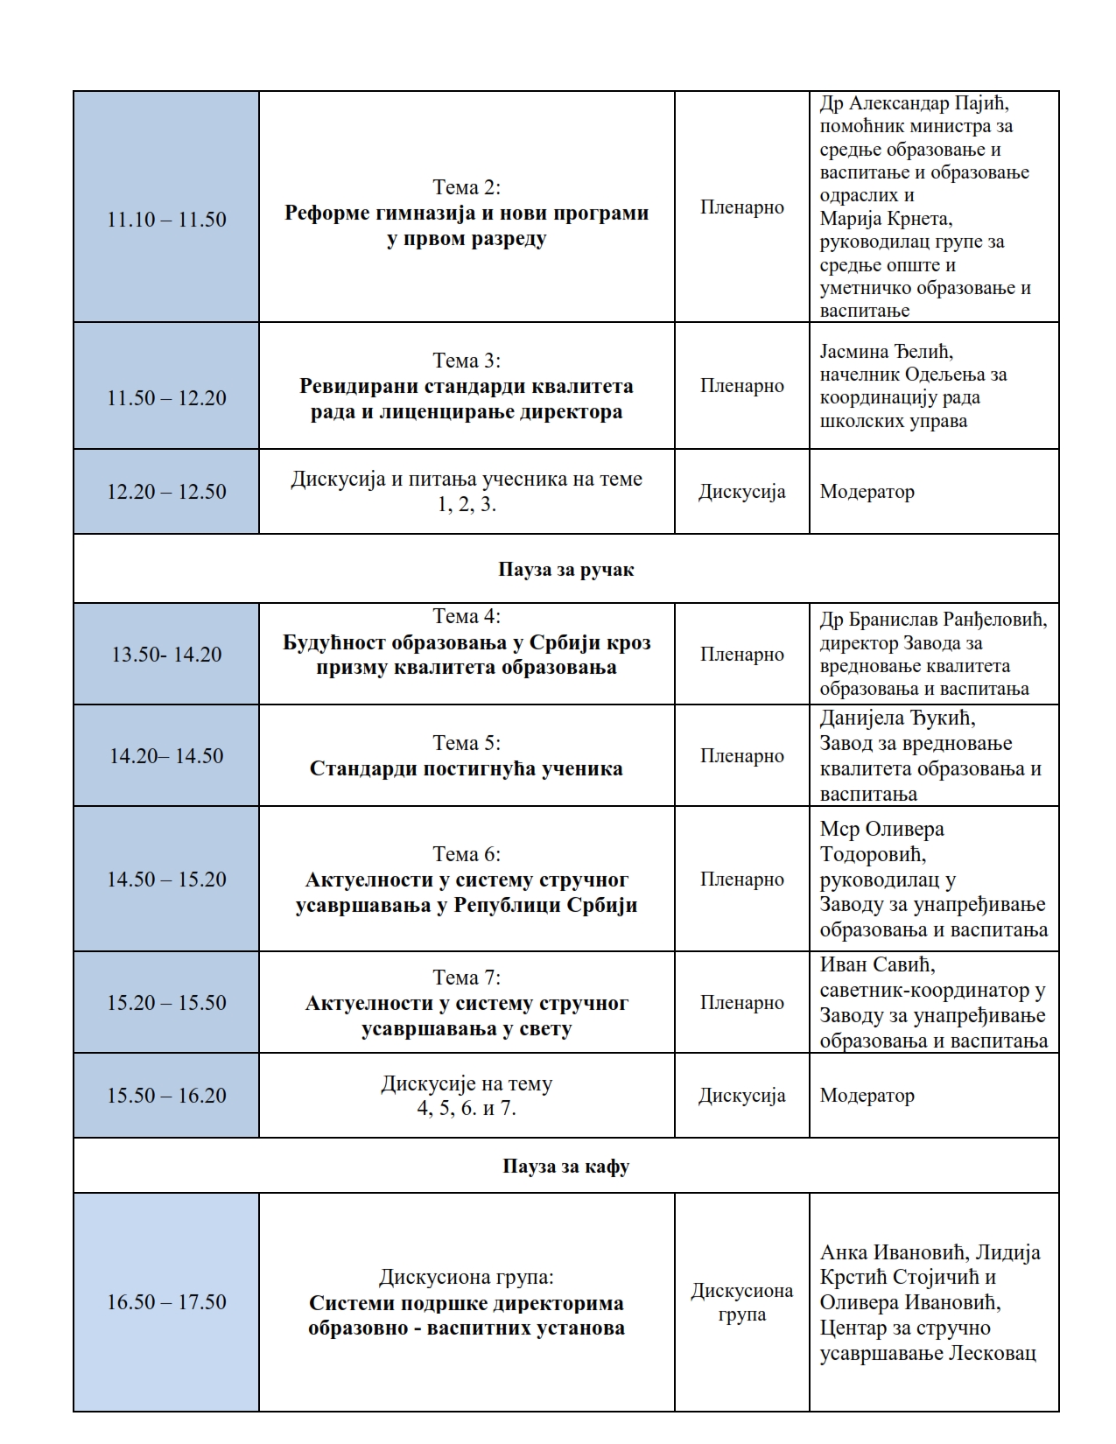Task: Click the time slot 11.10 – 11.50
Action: pyautogui.click(x=166, y=220)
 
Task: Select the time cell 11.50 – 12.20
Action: pyautogui.click(x=166, y=398)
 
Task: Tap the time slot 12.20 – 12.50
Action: pyautogui.click(x=166, y=492)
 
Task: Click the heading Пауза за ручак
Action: pyautogui.click(x=565, y=570)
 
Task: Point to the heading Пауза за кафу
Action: pyautogui.click(x=565, y=1167)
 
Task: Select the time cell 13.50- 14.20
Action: pyautogui.click(x=166, y=655)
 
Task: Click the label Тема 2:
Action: pyautogui.click(x=467, y=187)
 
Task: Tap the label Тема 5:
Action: pyautogui.click(x=467, y=743)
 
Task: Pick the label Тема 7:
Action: pyautogui.click(x=467, y=978)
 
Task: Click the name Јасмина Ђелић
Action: pyautogui.click(x=886, y=352)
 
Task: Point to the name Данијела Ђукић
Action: pyautogui.click(x=897, y=718)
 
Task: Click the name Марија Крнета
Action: pyautogui.click(x=886, y=219)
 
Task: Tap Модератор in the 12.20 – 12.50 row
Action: pyautogui.click(x=867, y=492)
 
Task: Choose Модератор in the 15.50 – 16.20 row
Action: pyautogui.click(x=867, y=1096)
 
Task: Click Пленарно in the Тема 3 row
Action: pyautogui.click(x=741, y=386)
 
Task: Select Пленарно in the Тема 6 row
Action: pyautogui.click(x=741, y=880)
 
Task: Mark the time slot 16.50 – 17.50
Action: pyautogui.click(x=166, y=1302)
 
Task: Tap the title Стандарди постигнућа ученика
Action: pyautogui.click(x=467, y=769)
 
